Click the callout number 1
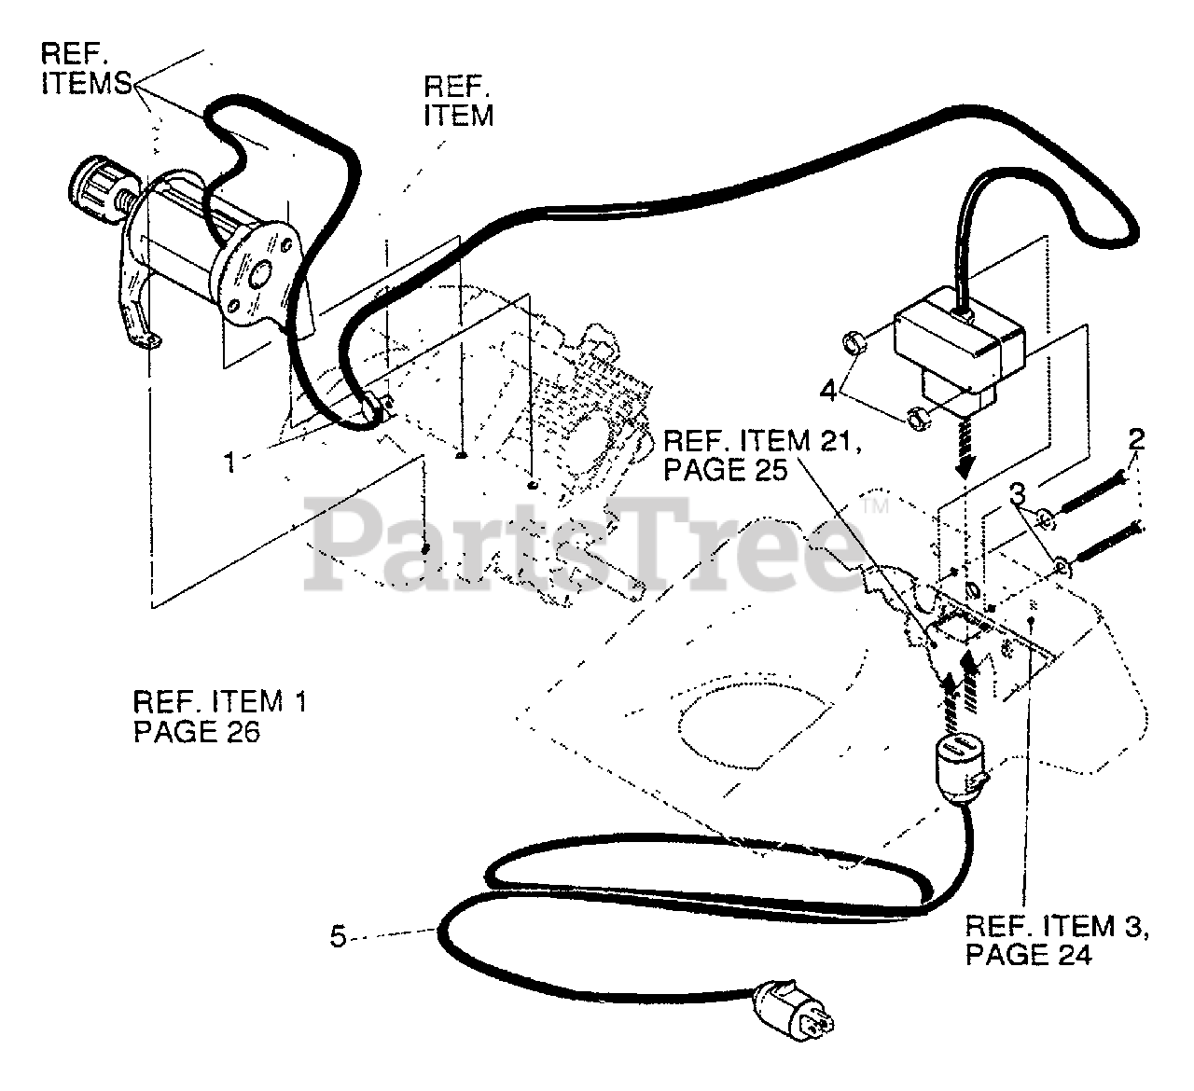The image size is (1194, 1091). click(x=229, y=462)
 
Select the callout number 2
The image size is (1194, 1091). click(x=1136, y=439)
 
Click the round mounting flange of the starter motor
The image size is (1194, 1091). click(x=256, y=270)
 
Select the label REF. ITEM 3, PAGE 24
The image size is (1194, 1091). click(x=1055, y=940)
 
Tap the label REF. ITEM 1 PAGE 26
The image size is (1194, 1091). click(x=219, y=715)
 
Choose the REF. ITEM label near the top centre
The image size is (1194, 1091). click(x=458, y=101)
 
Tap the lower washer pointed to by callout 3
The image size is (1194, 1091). click(x=1062, y=563)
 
